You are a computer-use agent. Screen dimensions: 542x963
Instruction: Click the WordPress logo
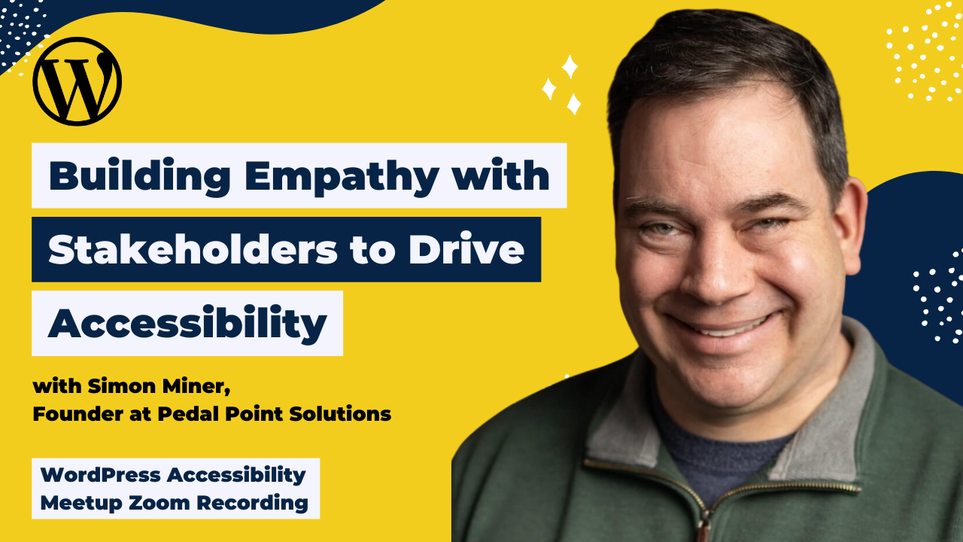click(77, 81)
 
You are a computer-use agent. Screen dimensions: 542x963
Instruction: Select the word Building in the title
click(140, 176)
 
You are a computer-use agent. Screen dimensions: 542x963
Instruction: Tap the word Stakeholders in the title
click(193, 250)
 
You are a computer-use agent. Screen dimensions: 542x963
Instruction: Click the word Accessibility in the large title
click(187, 324)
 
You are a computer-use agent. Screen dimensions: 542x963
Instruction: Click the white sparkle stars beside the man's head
click(563, 84)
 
